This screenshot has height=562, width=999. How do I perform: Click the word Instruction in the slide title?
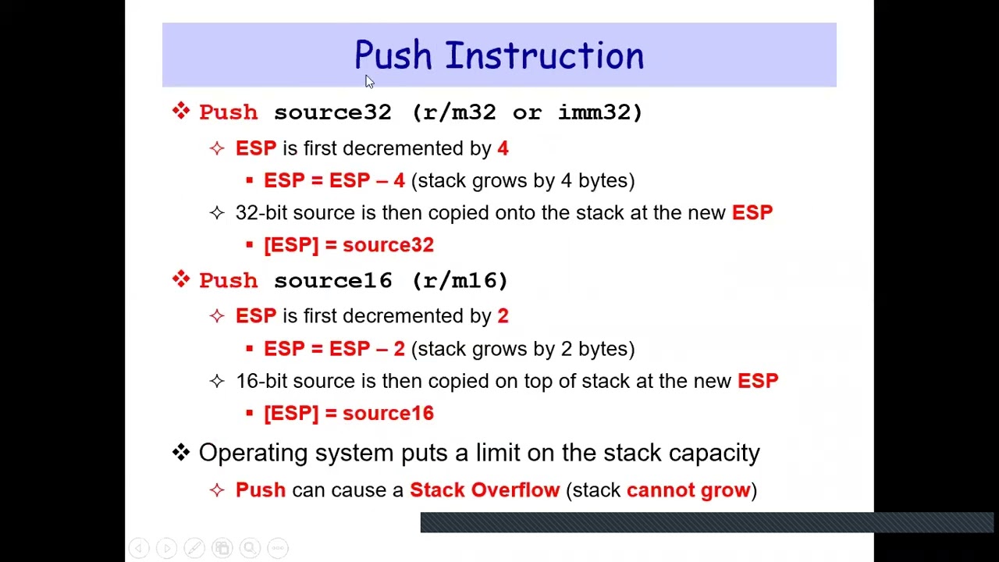(544, 56)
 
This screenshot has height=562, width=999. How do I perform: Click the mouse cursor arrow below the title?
(369, 81)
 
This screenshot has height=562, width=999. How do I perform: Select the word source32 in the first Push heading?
(332, 112)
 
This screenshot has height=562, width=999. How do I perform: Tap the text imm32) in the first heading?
(600, 112)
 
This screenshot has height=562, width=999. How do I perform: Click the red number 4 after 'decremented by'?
(503, 148)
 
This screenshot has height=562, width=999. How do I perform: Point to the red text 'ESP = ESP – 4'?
(334, 181)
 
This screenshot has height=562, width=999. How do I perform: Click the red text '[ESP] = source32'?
(348, 245)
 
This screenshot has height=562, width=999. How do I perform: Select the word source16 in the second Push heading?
(332, 280)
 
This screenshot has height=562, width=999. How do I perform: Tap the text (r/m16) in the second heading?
(460, 280)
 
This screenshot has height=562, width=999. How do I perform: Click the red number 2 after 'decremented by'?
(503, 316)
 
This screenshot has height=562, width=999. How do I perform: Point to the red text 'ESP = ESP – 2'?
(334, 349)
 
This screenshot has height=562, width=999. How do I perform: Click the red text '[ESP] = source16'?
(348, 414)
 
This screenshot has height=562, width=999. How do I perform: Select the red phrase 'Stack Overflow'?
(485, 490)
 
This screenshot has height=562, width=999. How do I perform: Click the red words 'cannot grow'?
(688, 490)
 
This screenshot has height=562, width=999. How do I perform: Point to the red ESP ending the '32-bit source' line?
(752, 213)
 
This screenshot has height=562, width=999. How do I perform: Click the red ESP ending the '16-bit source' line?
(757, 381)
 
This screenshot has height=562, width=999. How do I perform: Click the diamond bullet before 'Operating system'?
(181, 452)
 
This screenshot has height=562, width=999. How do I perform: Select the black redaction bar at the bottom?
(706, 522)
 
